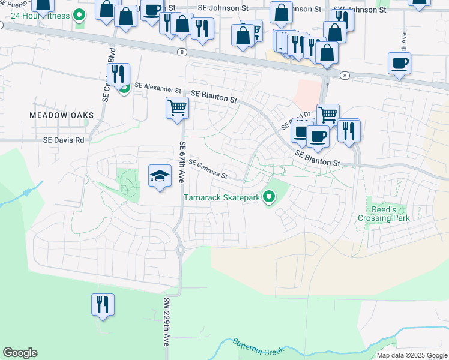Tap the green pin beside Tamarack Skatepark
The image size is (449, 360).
pos(270,196)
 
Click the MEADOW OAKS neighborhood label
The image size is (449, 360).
pos(62,115)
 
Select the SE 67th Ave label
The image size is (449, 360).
pos(182,162)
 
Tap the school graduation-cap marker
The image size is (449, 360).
pos(159,176)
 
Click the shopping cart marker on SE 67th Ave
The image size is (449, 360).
pos(177,109)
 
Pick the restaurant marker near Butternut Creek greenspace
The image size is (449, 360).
pos(103,304)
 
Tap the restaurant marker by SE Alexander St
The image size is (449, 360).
pos(119,74)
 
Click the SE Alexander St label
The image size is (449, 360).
pos(158,87)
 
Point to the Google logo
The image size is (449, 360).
pos(20,353)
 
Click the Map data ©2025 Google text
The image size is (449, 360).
pos(412,355)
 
